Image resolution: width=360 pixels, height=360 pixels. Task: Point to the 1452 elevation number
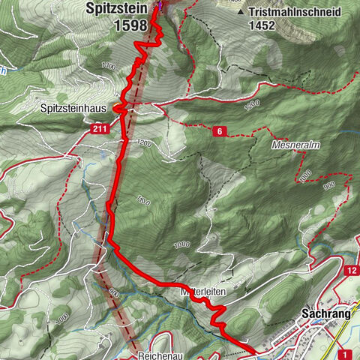[264, 25]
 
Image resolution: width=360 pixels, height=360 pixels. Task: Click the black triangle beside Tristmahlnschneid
[240, 13]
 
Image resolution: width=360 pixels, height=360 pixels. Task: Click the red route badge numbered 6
[218, 131]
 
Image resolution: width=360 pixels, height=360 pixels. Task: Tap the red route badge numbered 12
[352, 271]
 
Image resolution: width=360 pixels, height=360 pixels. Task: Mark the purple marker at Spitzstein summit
[160, 7]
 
